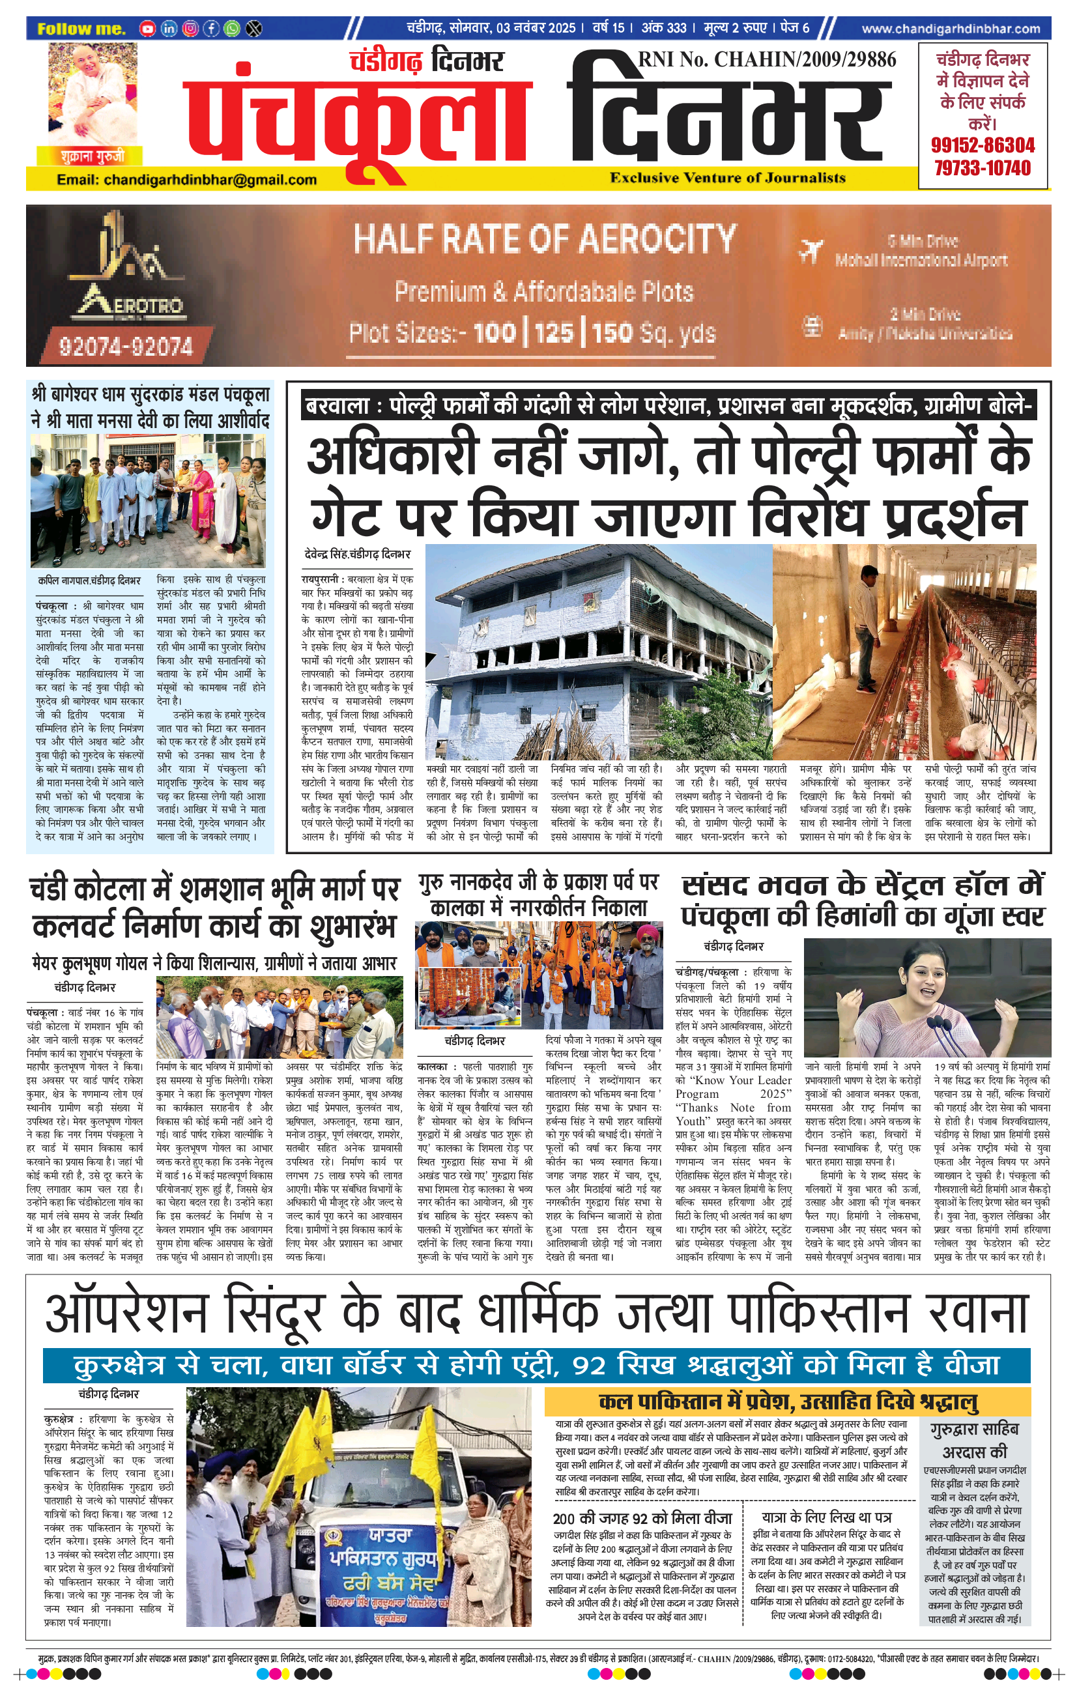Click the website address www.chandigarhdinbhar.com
click(x=950, y=29)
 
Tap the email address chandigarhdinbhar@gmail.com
click(x=186, y=180)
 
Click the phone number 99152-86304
click(x=983, y=146)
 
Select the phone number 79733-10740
click(x=983, y=168)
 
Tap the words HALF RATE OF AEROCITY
click(x=545, y=238)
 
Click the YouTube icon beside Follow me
click(x=147, y=29)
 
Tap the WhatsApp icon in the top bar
click(x=231, y=29)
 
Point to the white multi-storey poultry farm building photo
click(x=599, y=652)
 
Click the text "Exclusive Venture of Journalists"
click(x=728, y=178)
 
